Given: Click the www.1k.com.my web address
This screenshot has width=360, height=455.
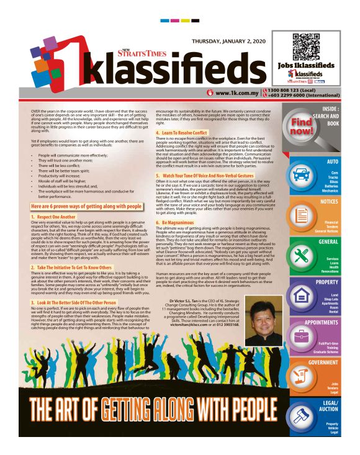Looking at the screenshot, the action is tap(232, 93).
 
